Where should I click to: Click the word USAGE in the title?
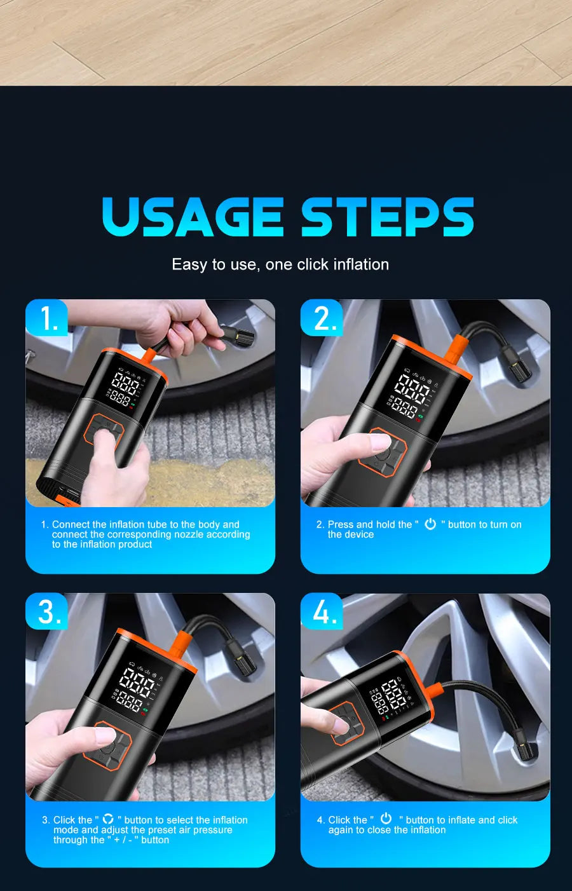tap(192, 217)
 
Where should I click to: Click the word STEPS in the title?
tap(387, 217)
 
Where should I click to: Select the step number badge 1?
tap(48, 318)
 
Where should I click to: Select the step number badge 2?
tap(323, 318)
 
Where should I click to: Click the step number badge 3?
tap(48, 612)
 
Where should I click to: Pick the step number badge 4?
tap(323, 612)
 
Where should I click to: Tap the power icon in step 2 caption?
tap(430, 524)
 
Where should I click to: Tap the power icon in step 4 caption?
tap(386, 819)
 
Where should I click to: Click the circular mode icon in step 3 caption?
tap(108, 819)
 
